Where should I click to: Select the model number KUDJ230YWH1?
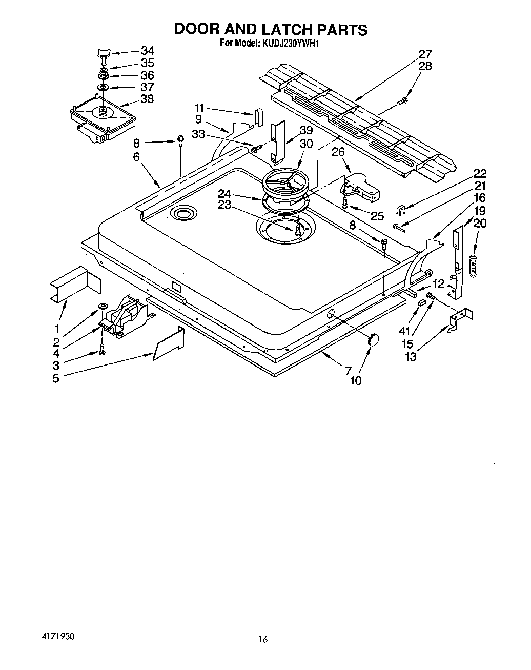291,43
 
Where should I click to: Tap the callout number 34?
147,51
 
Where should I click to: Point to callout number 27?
425,54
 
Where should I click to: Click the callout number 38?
147,99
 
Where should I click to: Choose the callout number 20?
480,223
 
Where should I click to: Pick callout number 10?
355,380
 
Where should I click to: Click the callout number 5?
55,378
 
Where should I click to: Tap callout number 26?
338,152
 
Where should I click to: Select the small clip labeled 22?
402,209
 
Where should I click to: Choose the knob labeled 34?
104,53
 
